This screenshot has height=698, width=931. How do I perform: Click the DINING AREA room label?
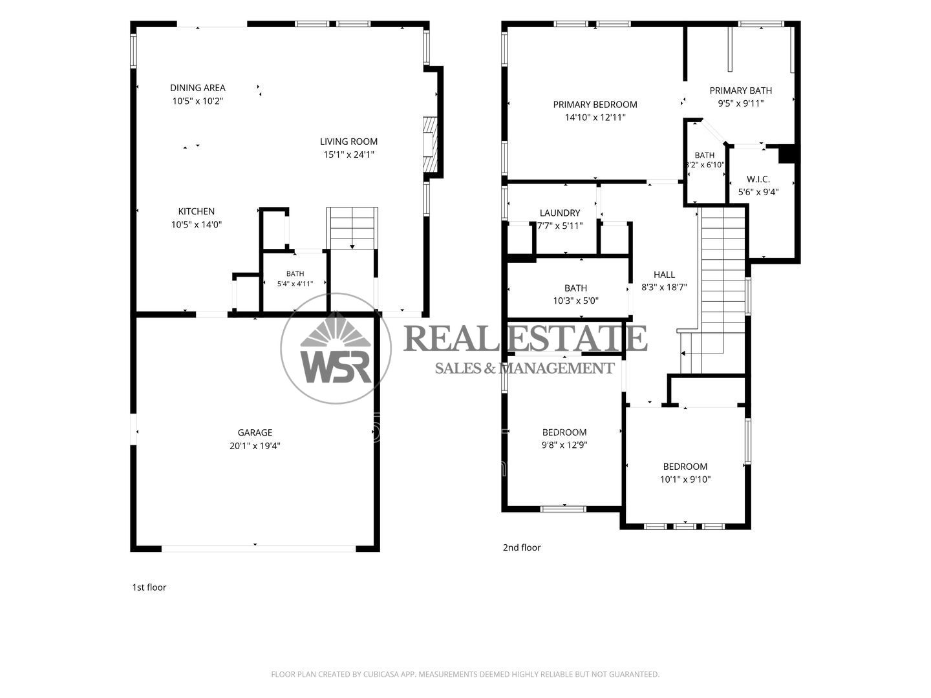[198, 88]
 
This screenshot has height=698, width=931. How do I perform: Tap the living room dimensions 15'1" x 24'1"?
[348, 154]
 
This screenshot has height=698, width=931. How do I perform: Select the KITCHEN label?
[197, 211]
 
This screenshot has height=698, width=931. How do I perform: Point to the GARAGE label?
[255, 432]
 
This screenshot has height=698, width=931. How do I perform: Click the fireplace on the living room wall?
[430, 144]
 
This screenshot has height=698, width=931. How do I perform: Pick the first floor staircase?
[352, 228]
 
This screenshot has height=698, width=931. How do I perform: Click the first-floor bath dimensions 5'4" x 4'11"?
[295, 284]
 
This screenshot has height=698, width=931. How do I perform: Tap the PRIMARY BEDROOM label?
[595, 104]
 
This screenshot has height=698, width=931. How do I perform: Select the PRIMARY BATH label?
[740, 90]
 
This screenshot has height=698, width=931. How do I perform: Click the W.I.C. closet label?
[758, 179]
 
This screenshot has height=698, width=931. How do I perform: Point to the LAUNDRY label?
[560, 213]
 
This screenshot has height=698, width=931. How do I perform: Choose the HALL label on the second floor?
[664, 274]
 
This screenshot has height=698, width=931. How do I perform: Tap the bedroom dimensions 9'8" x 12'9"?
[564, 445]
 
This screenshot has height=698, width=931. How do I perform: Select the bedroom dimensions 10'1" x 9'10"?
[685, 480]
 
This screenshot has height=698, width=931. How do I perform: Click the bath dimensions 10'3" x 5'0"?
[575, 301]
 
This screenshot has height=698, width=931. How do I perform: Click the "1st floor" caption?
[149, 587]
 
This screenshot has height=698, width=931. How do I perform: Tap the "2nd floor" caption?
[522, 547]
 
